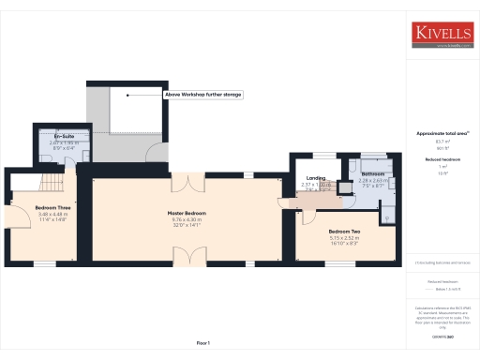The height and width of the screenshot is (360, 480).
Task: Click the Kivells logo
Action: (x=443, y=35)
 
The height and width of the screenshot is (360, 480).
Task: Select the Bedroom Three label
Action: (x=52, y=207)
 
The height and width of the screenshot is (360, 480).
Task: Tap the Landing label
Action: (x=316, y=178)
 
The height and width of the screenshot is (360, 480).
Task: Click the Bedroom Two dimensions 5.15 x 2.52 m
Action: (x=344, y=238)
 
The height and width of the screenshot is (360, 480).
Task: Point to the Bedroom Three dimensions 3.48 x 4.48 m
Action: (x=52, y=214)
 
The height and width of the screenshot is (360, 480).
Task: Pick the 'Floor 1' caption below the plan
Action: (x=204, y=344)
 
